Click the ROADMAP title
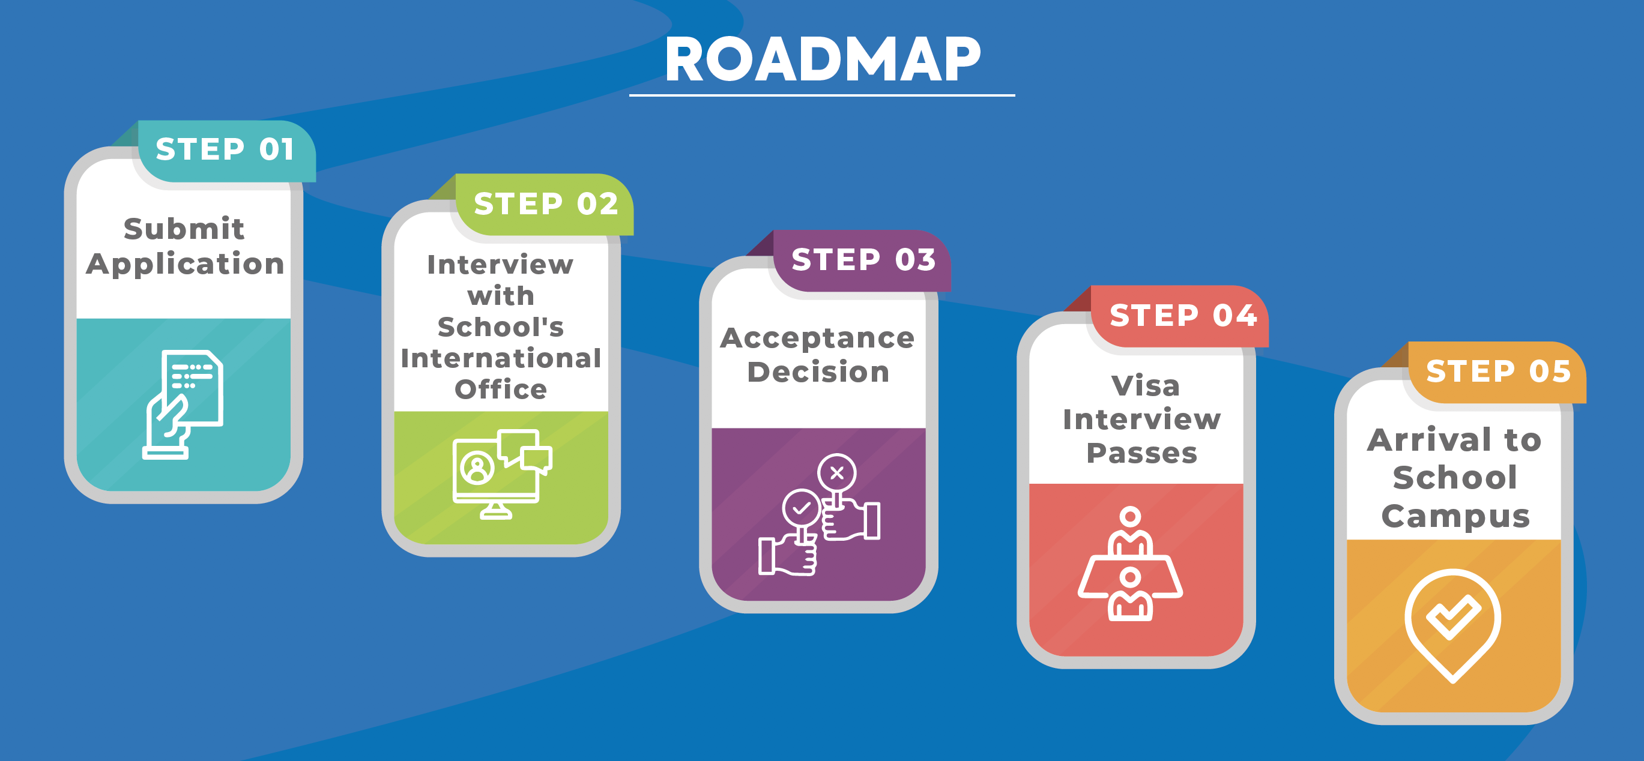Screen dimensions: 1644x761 click(x=822, y=59)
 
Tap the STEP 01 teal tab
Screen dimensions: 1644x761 click(x=225, y=151)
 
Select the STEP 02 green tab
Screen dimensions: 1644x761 click(x=545, y=204)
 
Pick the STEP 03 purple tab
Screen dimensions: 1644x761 click(x=862, y=260)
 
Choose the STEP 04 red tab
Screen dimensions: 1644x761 click(x=1180, y=316)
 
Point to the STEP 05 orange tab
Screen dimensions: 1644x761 click(x=1498, y=372)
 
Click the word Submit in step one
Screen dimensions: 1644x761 click(x=184, y=229)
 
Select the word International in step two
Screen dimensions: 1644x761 click(x=501, y=358)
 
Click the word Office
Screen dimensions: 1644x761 click(x=501, y=389)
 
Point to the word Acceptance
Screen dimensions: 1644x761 click(x=818, y=338)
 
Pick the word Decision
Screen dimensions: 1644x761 click(x=818, y=372)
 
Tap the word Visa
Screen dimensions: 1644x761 click(x=1146, y=385)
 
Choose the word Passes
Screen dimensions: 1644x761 click(x=1142, y=453)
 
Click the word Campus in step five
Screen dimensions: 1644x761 click(x=1455, y=516)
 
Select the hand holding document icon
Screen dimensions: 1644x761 click(x=183, y=405)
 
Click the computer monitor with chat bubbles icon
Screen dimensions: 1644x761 click(x=502, y=474)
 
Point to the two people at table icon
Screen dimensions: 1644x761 click(x=1130, y=564)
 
